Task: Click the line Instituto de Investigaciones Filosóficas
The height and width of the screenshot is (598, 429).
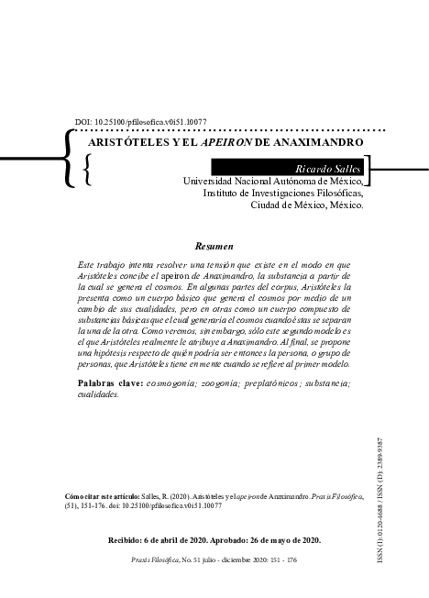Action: pyautogui.click(x=283, y=194)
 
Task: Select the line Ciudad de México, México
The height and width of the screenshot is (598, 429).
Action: pyautogui.click(x=307, y=205)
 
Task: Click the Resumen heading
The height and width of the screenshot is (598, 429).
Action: pyautogui.click(x=214, y=246)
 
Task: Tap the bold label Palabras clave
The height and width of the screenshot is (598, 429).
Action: pyautogui.click(x=110, y=381)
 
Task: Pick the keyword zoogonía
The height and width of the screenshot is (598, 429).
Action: pyautogui.click(x=217, y=381)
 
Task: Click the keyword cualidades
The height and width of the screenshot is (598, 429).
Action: pyautogui.click(x=99, y=392)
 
